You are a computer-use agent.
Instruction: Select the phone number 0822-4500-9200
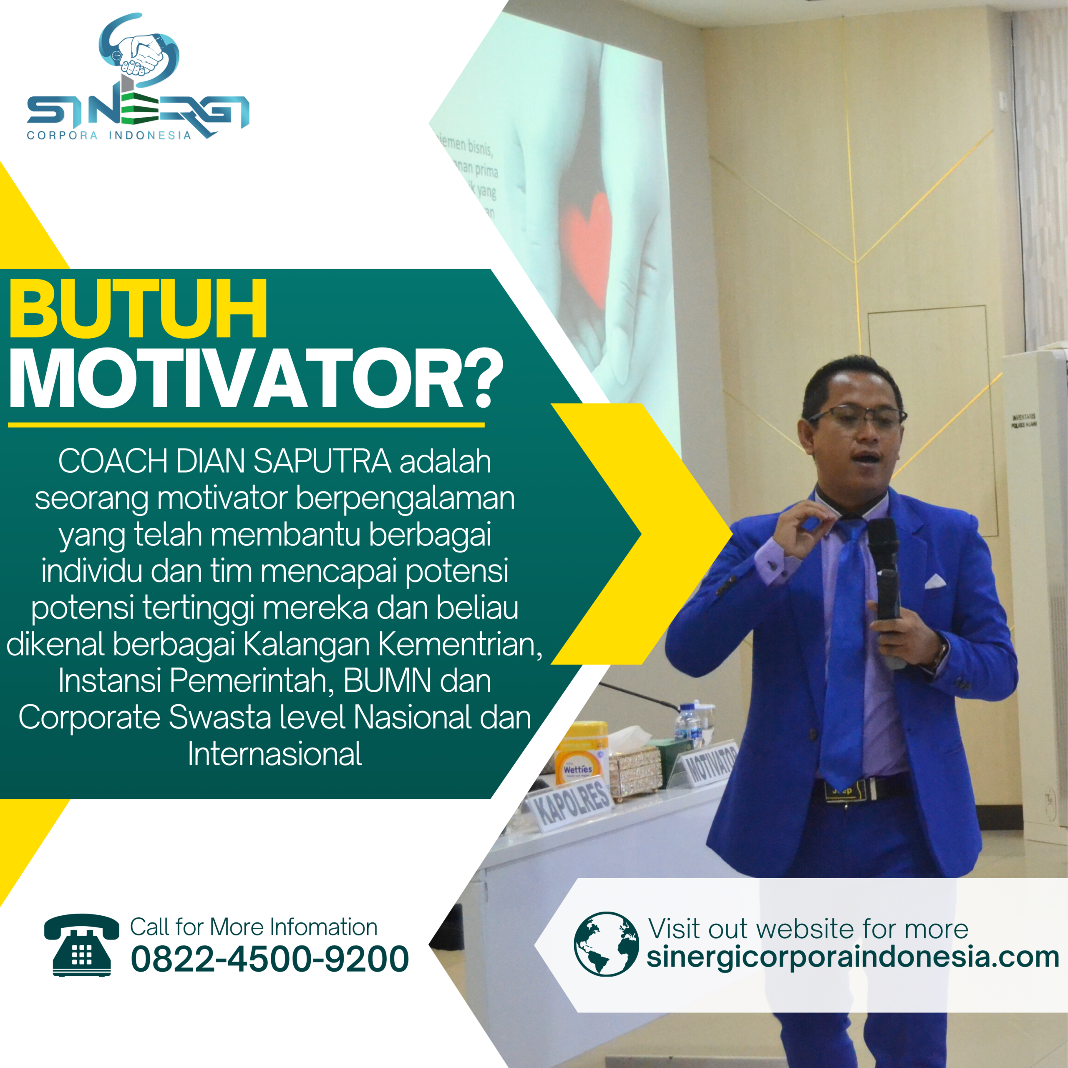click(x=270, y=959)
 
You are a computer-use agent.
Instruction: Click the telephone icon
click(x=82, y=945)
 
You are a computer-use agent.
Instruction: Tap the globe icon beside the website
click(x=607, y=944)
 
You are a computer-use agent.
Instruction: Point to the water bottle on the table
click(x=689, y=721)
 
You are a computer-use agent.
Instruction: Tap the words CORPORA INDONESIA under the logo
click(x=109, y=136)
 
